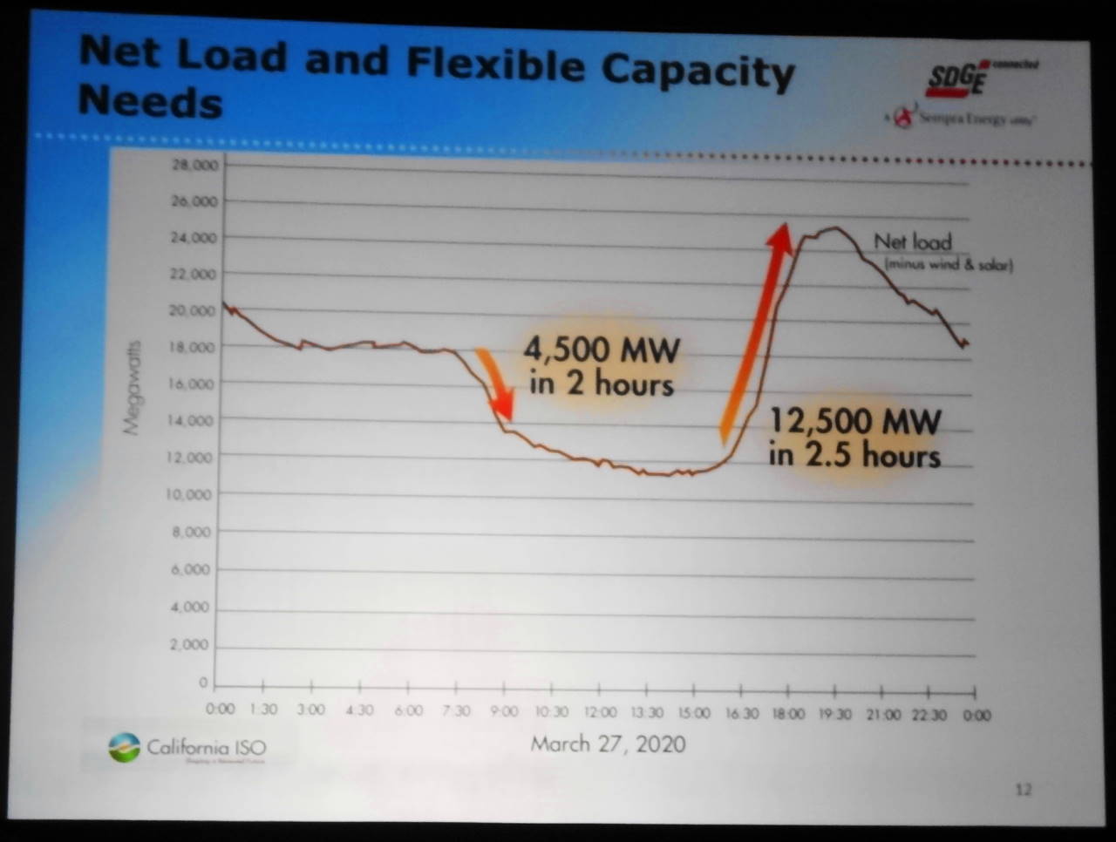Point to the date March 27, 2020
(x=608, y=744)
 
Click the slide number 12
(x=1023, y=790)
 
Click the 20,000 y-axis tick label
(x=193, y=310)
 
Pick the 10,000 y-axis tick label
(x=189, y=494)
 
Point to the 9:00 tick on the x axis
(x=503, y=711)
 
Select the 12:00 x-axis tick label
(x=600, y=712)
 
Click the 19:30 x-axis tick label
(x=834, y=715)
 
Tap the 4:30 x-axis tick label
(x=359, y=710)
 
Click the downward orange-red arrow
(x=493, y=384)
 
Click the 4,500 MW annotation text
(x=601, y=367)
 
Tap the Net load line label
(x=914, y=241)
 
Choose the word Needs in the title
(x=150, y=102)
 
